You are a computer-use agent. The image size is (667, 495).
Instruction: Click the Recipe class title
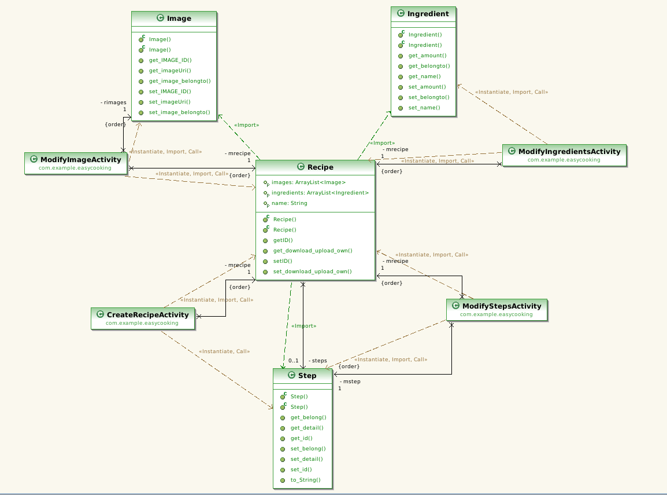320,167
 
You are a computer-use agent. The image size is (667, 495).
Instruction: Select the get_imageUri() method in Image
166,71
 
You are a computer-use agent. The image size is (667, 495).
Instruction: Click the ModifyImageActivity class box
76,163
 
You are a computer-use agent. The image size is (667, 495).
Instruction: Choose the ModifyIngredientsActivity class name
569,152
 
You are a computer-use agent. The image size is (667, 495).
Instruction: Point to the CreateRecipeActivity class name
147,315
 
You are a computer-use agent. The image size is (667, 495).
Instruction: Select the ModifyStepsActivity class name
501,306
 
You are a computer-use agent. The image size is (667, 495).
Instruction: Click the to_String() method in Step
305,480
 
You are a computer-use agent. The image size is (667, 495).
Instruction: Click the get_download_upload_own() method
312,251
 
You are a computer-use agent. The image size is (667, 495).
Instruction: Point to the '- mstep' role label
350,382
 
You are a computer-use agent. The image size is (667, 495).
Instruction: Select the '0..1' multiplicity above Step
293,361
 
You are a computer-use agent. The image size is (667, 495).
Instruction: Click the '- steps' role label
317,361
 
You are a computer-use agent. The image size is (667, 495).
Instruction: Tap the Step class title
307,376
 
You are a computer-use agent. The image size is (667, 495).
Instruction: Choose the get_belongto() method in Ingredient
429,66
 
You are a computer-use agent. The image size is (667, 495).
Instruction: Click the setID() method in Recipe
283,261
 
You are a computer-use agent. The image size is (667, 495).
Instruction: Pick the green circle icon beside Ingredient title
399,13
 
